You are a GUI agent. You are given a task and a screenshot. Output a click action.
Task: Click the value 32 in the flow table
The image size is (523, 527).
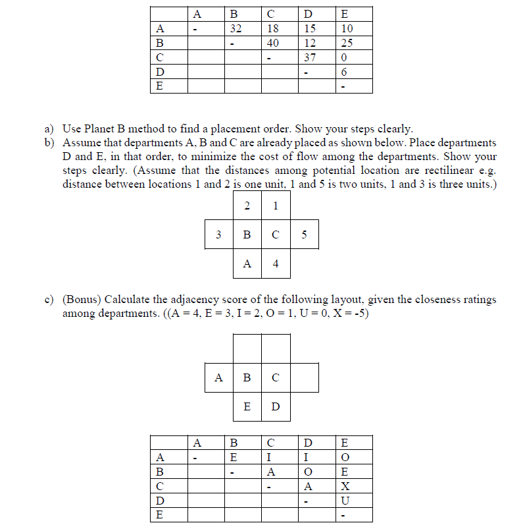[x=236, y=28]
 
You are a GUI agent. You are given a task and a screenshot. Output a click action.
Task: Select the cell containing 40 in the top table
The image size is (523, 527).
[x=273, y=43]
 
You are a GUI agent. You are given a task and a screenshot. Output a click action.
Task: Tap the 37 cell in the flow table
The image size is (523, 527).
[x=310, y=57]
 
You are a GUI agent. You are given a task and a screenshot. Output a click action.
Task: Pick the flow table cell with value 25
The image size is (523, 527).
[x=347, y=43]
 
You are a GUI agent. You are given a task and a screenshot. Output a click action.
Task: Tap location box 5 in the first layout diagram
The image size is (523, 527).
[x=304, y=235]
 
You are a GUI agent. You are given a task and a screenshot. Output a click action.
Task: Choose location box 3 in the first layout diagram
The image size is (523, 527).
[x=218, y=235]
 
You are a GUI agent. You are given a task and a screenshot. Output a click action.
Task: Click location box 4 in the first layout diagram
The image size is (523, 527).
[x=276, y=263]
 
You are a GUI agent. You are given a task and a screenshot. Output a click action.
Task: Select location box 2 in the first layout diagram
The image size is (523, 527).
[x=247, y=206]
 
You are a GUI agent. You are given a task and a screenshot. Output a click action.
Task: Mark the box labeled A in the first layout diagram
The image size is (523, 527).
[x=247, y=263]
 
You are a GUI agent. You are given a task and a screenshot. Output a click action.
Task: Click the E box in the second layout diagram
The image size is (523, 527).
[x=247, y=406]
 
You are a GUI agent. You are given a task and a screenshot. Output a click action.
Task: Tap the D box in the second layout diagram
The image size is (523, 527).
[x=276, y=406]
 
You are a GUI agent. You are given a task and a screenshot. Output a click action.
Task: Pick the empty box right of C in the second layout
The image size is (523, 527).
[x=304, y=377]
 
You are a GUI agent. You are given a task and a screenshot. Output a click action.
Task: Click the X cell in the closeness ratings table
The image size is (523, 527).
[x=347, y=486]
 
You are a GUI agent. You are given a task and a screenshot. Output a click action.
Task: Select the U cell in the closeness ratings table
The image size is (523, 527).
[x=347, y=501]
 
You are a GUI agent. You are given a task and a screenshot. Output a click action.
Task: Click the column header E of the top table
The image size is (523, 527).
[x=347, y=14]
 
